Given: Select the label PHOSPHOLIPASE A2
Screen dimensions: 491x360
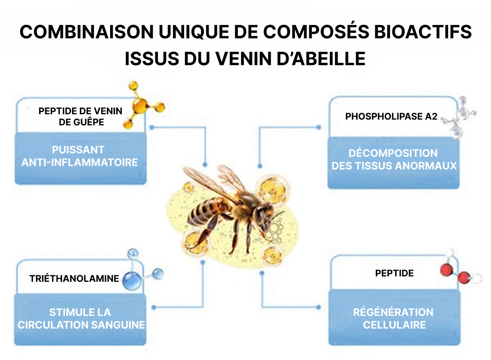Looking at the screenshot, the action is [391, 117].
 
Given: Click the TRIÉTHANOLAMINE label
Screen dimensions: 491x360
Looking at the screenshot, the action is [74, 278].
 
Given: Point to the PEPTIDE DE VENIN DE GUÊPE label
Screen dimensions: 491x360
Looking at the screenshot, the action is [81, 117].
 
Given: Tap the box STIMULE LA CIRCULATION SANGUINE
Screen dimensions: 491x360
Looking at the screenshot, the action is [81, 319].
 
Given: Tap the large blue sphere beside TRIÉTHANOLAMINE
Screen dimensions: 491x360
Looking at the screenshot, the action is [132, 281].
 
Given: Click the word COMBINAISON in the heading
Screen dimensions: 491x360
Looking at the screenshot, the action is [86, 32].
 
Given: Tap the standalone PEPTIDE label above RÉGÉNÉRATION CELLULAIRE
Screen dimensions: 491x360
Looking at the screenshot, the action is [394, 273].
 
